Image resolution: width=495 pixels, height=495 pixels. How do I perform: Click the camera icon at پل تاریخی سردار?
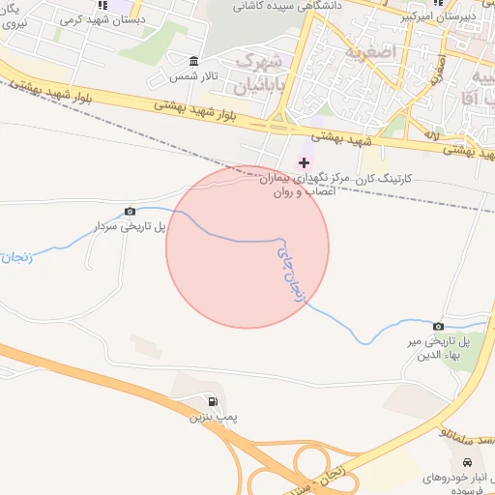[131, 211]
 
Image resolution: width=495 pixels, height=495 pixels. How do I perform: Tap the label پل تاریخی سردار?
[130, 226]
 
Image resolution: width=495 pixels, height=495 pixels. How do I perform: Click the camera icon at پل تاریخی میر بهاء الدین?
[438, 327]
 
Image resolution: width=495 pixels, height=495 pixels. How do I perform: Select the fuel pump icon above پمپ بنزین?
[213, 401]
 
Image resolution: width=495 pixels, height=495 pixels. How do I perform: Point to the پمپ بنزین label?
[213, 418]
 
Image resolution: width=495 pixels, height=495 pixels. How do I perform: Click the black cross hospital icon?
[304, 161]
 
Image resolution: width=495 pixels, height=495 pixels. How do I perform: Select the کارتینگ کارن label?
[385, 179]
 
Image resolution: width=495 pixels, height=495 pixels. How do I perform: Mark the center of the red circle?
[247, 247]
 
